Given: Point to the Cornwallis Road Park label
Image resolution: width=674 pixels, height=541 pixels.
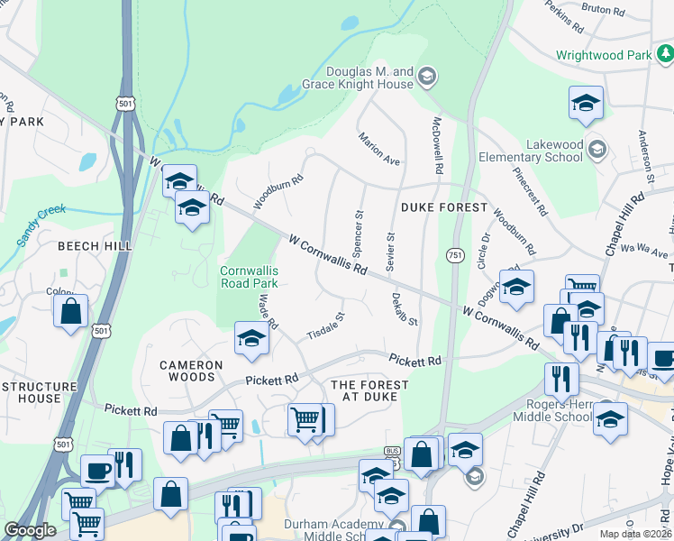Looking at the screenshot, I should click(x=250, y=277).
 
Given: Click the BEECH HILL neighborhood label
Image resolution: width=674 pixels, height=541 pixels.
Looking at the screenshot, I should click(x=95, y=245).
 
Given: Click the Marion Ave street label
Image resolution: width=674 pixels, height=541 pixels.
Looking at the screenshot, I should click(x=378, y=149).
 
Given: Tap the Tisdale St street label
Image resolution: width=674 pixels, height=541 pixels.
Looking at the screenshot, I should click(x=326, y=326).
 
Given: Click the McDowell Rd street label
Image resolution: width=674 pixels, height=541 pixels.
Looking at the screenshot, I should click(x=438, y=145).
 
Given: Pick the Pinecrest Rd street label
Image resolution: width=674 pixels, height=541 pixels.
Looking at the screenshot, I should click(x=530, y=191).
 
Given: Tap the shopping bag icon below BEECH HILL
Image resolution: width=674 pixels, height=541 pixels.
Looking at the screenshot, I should click(x=71, y=312).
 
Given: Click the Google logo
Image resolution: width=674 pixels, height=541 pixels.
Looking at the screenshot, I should click(x=30, y=531).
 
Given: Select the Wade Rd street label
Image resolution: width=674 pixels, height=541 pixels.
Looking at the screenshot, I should click(x=268, y=311).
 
